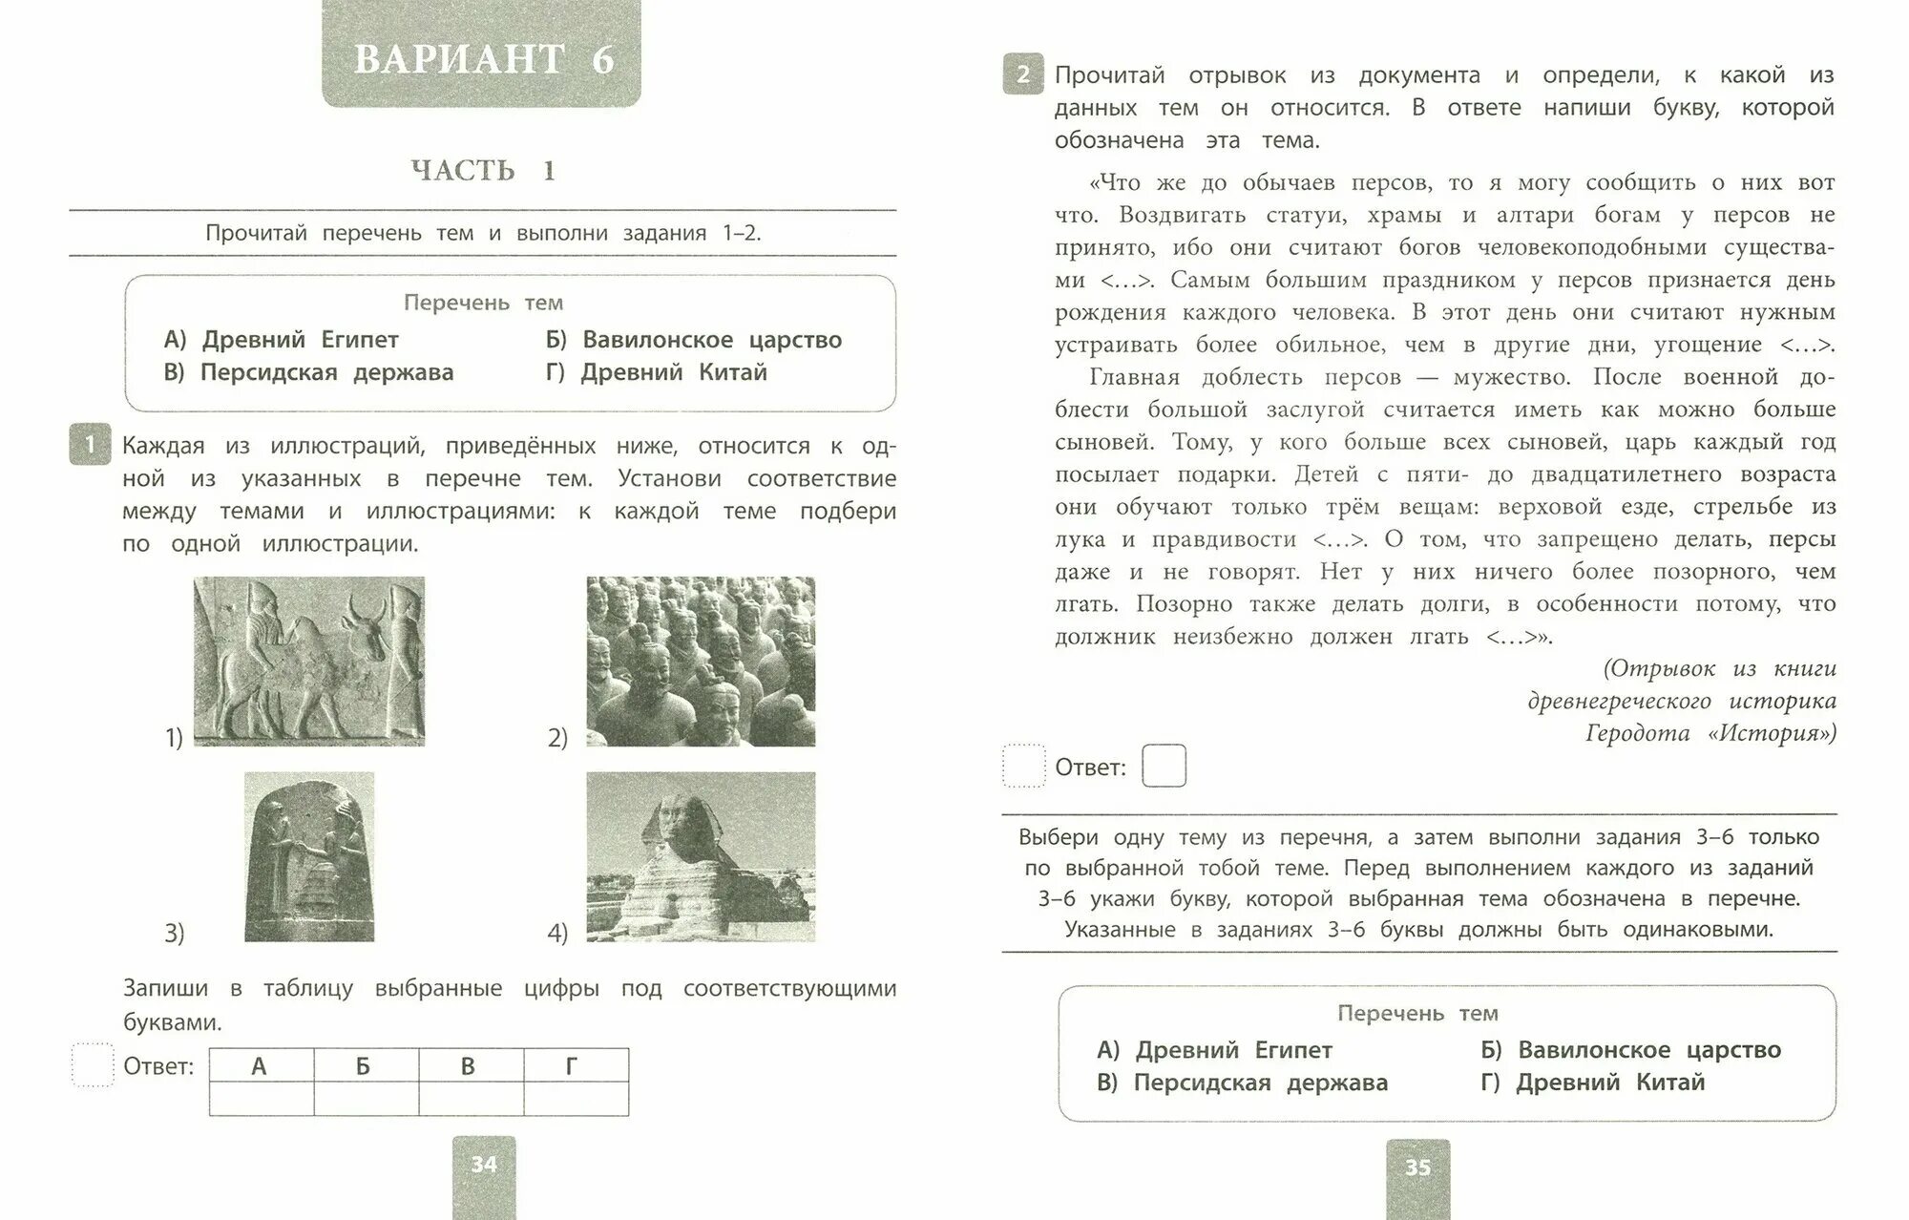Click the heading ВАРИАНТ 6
click(483, 59)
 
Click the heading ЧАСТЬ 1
click(483, 171)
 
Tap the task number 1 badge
click(90, 445)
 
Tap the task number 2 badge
click(1023, 74)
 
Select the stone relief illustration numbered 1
click(309, 661)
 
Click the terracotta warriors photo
click(701, 661)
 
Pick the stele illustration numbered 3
click(309, 856)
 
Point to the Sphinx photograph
click(701, 856)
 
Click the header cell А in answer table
click(260, 1065)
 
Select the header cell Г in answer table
click(573, 1065)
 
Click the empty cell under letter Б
click(366, 1099)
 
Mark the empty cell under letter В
click(471, 1099)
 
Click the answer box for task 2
click(1164, 766)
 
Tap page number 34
click(484, 1165)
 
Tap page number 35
click(1417, 1167)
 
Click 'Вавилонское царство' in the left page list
click(711, 340)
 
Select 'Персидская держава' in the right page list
click(1260, 1083)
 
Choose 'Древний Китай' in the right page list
click(1609, 1083)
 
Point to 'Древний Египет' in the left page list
click(300, 340)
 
